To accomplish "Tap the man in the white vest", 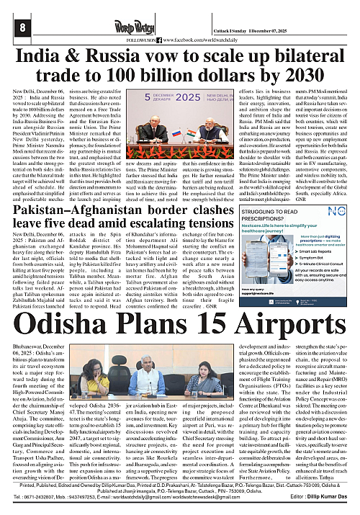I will (x=158, y=367).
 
